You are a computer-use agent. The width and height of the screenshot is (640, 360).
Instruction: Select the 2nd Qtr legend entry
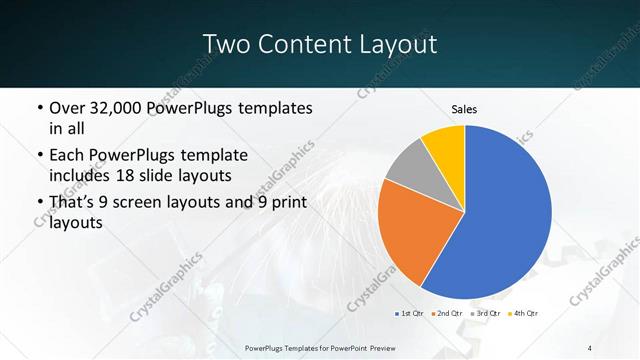click(x=446, y=314)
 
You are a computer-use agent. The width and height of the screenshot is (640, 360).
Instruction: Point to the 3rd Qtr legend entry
click(x=486, y=314)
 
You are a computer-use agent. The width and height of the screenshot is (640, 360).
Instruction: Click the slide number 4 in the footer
click(x=590, y=347)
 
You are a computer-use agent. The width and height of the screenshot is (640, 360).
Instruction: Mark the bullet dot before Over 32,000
click(x=38, y=108)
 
